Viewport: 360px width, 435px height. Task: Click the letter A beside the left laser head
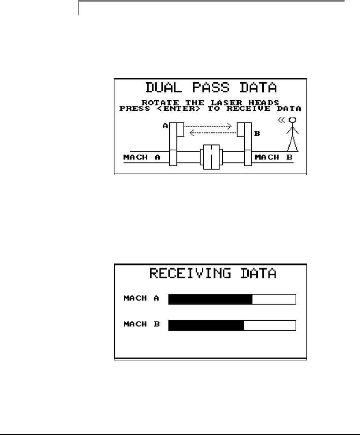tap(166, 126)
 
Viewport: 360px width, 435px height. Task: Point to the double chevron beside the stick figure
tap(282, 120)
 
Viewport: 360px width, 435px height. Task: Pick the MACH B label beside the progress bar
tap(141, 325)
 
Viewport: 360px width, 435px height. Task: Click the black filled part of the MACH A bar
tap(210, 300)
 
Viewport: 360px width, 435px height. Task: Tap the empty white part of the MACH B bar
tap(269, 326)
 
